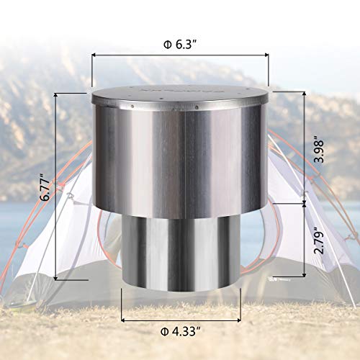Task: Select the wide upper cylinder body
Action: [179, 158]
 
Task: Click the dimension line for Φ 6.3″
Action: [179, 53]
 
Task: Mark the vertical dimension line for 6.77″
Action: [57, 186]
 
